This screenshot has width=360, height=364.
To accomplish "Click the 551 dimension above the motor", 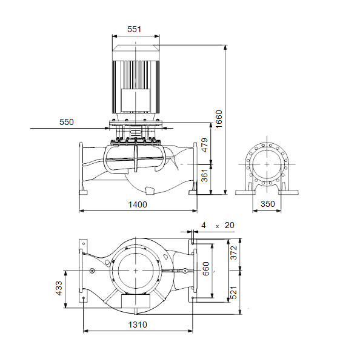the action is coord(134,29).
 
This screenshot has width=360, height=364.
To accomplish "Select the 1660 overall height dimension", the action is coord(219,119).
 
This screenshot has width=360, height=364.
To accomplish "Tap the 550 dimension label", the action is coord(67,122).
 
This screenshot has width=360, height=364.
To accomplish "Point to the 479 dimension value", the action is coord(204,145).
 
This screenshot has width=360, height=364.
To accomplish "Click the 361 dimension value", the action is coord(204,175).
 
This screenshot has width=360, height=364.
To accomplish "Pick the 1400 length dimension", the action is coord(138,204).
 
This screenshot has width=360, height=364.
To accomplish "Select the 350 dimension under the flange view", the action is coord(268,204).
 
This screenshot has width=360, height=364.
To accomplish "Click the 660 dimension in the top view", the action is coord(205,269).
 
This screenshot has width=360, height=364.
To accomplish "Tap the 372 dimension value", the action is coord(233,252).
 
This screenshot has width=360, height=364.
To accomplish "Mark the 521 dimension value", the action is coord(233,293).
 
